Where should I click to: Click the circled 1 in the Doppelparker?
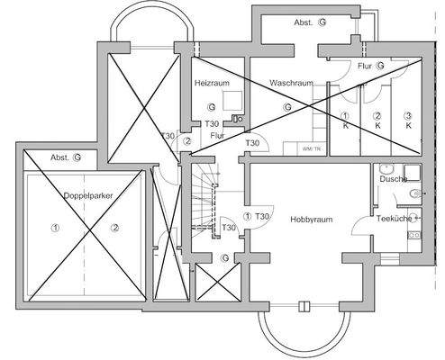point(55,229)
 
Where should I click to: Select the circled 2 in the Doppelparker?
point(114,229)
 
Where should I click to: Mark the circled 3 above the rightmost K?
point(407,115)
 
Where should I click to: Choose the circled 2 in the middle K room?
point(377,115)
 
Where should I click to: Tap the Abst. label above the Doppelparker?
point(60,156)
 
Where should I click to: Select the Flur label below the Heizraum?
point(216,137)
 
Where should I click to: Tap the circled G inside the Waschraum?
point(287,106)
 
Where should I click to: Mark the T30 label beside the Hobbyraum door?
point(263,217)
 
